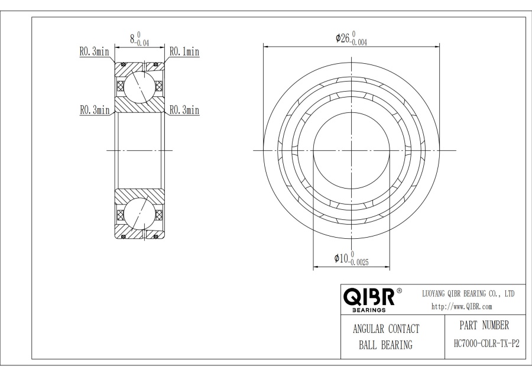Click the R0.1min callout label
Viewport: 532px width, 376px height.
click(x=184, y=52)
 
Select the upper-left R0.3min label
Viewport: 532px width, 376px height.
click(x=95, y=52)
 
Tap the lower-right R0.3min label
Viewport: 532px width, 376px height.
click(x=184, y=110)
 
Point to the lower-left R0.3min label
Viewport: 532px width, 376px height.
click(x=95, y=110)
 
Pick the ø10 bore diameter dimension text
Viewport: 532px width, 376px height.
click(x=351, y=259)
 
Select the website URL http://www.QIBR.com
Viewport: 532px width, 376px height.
click(x=462, y=306)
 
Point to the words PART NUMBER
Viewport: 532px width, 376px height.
click(x=483, y=325)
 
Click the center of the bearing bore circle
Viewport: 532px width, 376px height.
click(x=351, y=150)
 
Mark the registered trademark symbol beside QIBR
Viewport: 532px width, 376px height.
click(x=399, y=291)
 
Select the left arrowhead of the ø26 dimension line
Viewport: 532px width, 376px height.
click(x=266, y=46)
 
